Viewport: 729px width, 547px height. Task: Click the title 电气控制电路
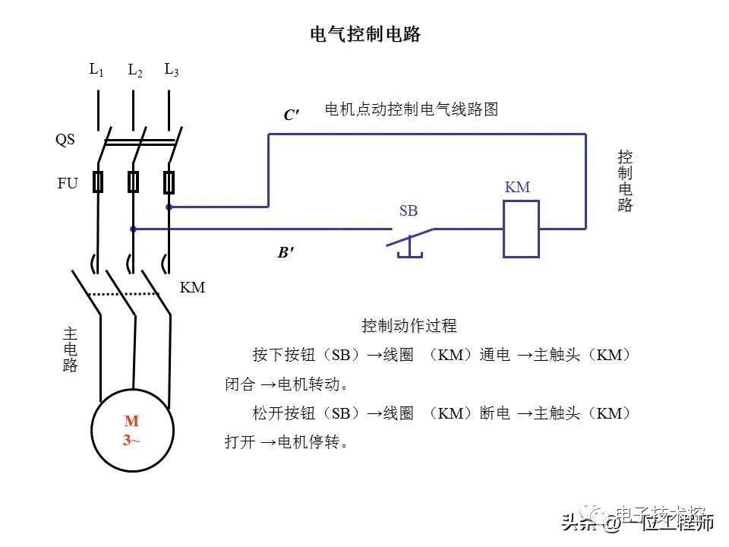[365, 34]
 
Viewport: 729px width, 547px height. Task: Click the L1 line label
[96, 70]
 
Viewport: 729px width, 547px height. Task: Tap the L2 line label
[135, 71]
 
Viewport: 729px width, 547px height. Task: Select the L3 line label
[172, 70]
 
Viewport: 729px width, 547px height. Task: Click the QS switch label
[65, 140]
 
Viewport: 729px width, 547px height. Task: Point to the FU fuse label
[68, 183]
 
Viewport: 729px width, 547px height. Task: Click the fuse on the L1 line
[98, 182]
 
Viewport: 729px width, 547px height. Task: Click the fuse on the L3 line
[169, 182]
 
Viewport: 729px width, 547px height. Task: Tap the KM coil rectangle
[522, 229]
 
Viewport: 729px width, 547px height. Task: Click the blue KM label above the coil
[517, 188]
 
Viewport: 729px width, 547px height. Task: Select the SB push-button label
[409, 211]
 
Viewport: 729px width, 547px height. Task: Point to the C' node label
[292, 115]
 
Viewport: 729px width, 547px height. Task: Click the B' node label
[286, 253]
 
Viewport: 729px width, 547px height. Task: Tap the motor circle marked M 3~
[132, 431]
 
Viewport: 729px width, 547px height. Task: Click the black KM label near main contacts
[192, 289]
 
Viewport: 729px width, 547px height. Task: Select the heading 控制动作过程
[409, 326]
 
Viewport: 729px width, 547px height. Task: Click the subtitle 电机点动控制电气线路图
[411, 109]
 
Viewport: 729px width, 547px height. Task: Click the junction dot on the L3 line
[169, 206]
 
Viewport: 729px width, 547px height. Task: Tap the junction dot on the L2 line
[134, 228]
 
